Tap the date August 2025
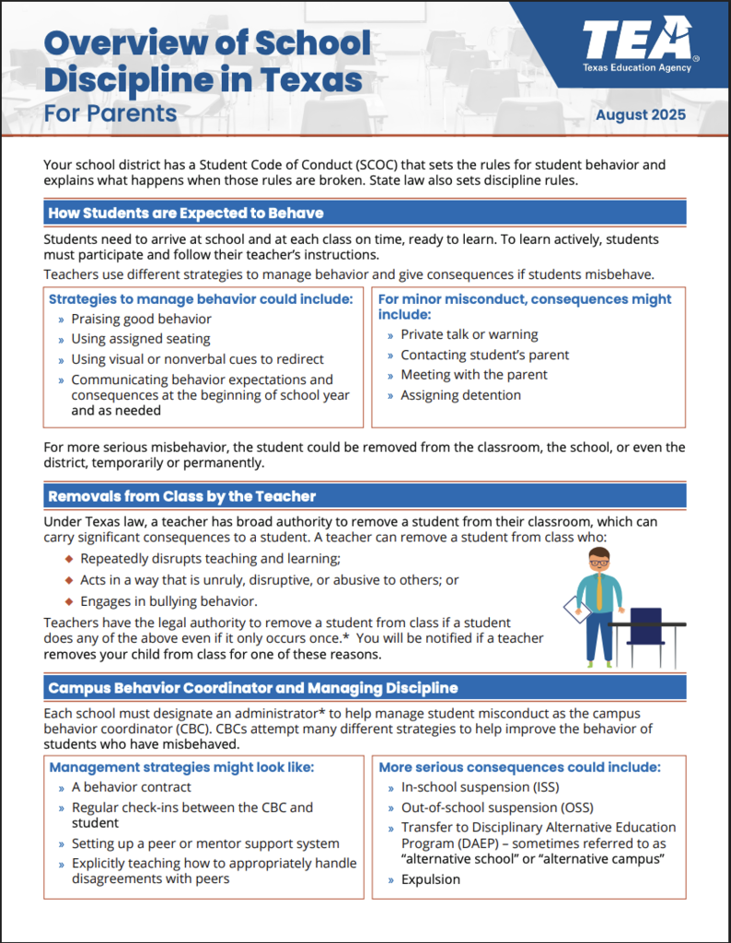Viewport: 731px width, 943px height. click(640, 115)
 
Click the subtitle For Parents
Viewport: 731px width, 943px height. click(110, 112)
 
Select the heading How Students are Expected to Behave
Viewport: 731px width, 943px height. click(186, 213)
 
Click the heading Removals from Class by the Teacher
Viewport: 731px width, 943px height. click(181, 496)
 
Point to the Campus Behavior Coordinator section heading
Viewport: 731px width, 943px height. click(252, 688)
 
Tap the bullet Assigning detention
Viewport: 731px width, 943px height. click(460, 395)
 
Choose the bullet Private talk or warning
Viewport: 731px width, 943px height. click(469, 334)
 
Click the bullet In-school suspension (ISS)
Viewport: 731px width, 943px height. click(479, 787)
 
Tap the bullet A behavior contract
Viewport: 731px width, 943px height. click(131, 787)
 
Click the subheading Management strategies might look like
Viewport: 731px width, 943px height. click(181, 767)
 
